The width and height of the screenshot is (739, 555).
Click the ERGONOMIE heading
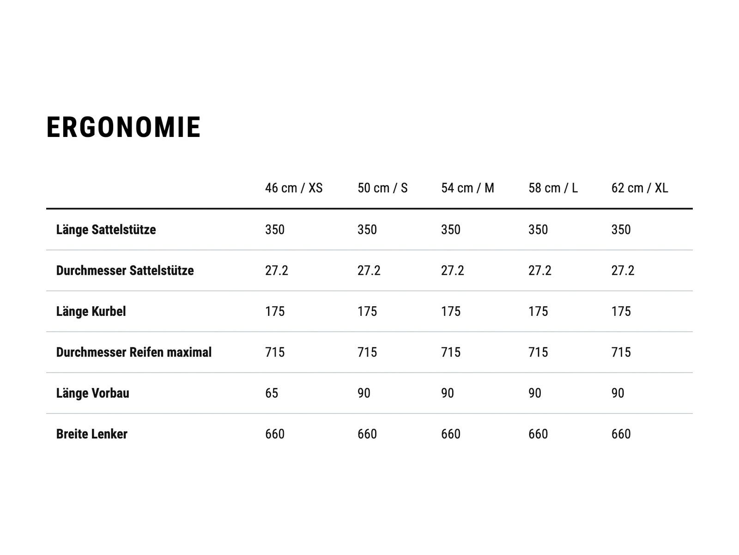coord(123,127)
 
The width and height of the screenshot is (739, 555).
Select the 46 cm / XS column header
coord(294,188)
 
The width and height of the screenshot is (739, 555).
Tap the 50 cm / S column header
coord(382,188)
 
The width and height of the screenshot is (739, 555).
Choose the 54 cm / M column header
coord(467,188)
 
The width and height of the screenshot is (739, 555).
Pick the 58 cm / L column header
coord(553,188)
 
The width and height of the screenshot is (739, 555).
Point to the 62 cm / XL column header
coord(640,188)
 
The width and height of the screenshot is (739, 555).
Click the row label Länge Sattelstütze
coord(106,230)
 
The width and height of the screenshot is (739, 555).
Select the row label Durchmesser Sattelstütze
coord(125,271)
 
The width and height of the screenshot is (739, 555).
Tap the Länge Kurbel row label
coord(91,311)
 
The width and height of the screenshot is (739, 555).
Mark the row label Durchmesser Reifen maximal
coord(134,352)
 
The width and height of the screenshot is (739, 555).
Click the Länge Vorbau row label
coord(92,393)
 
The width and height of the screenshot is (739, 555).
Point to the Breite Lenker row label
coord(91,434)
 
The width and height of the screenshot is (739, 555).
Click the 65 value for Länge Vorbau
coord(272,393)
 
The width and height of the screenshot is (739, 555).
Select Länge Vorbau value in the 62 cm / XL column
coord(618,393)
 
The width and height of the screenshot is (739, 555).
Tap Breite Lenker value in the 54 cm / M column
coord(450,434)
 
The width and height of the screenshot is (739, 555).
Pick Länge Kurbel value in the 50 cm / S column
coord(367,311)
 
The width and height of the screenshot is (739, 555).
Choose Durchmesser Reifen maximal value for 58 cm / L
coord(538,352)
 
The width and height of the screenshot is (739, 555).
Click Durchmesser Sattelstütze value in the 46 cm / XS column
coord(276,271)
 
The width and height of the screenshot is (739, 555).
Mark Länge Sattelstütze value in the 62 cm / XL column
coord(621,230)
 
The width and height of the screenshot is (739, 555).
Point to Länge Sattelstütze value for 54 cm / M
coord(450,230)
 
